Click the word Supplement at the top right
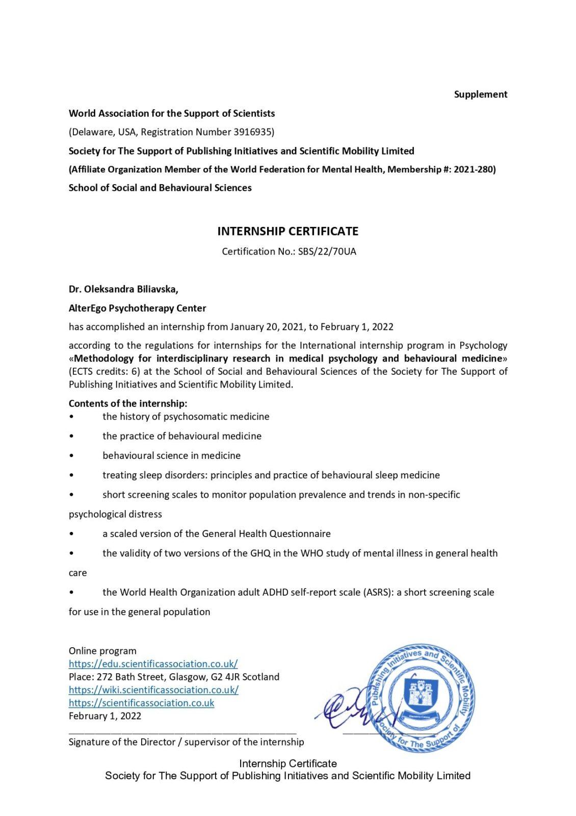[480, 94]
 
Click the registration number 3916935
[253, 132]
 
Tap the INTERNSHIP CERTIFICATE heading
[287, 231]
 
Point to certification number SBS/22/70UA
[327, 251]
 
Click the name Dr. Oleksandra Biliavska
[123, 289]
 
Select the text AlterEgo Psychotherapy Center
[137, 308]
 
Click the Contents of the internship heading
[128, 403]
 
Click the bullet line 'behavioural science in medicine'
[171, 455]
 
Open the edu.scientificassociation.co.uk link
[153, 664]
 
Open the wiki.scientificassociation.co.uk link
[153, 690]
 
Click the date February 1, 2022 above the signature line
[105, 716]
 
